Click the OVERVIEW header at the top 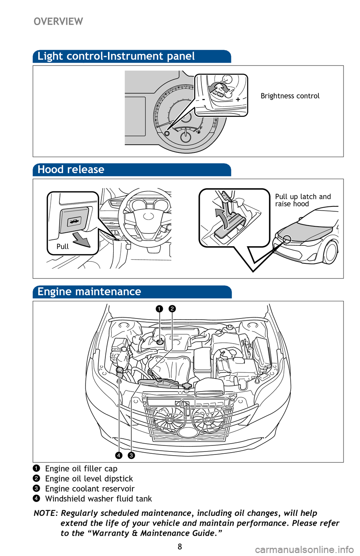point(58,21)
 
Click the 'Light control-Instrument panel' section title point(116,56)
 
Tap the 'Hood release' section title point(71,169)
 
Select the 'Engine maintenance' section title point(89,291)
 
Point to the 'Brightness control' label point(290,96)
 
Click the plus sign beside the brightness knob point(238,100)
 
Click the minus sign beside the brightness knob point(203,100)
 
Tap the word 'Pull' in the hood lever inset point(63,247)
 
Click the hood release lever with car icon point(74,221)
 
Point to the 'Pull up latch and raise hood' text point(303,200)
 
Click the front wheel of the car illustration point(331,252)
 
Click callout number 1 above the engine point(159,309)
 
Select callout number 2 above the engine point(172,309)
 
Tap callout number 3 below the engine point(131,455)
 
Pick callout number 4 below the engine point(118,455)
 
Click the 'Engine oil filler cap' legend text point(81,469)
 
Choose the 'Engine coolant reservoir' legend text point(90,489)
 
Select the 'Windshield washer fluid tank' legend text point(98,499)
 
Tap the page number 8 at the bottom point(180,547)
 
